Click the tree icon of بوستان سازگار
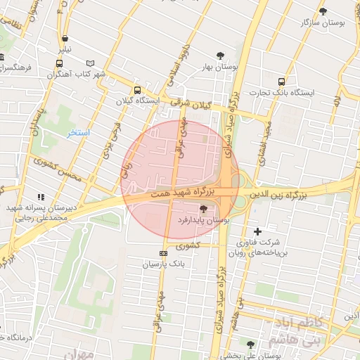(x=323, y=11)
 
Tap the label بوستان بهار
(x=217, y=68)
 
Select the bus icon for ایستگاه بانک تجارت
(x=282, y=81)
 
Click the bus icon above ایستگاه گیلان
(x=137, y=90)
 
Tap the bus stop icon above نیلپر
(x=65, y=39)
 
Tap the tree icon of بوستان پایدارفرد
(x=204, y=209)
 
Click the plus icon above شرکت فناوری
(x=257, y=231)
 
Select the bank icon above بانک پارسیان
(x=163, y=253)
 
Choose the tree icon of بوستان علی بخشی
(x=251, y=345)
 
